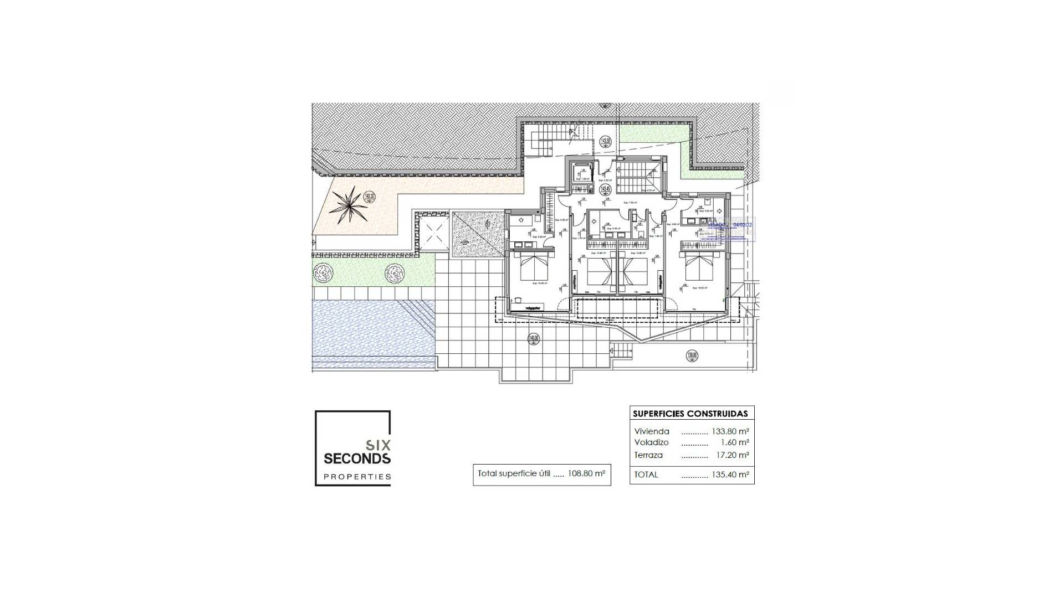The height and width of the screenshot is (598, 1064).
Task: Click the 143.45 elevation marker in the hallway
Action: click(x=605, y=189)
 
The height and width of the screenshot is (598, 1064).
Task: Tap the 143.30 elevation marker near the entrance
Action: click(x=605, y=141)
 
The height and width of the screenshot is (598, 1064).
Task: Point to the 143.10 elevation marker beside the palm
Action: click(x=370, y=196)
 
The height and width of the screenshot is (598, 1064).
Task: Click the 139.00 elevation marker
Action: click(x=692, y=356)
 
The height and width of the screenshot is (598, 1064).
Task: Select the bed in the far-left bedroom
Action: click(x=534, y=266)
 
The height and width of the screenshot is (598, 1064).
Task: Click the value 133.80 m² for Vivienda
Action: click(x=730, y=431)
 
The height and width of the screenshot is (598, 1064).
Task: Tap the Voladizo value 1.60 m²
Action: click(x=735, y=442)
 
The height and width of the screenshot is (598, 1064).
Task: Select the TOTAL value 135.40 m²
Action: click(x=730, y=475)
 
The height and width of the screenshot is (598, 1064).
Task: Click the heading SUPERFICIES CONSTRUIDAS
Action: click(x=690, y=414)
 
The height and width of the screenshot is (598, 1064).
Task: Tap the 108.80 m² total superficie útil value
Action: click(x=586, y=474)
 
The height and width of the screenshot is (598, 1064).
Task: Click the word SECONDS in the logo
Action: click(x=357, y=458)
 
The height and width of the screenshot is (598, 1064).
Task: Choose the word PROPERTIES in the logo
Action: click(x=357, y=477)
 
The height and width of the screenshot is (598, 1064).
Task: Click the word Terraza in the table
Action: click(x=648, y=455)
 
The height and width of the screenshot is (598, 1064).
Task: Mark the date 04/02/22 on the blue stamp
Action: click(x=743, y=225)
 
